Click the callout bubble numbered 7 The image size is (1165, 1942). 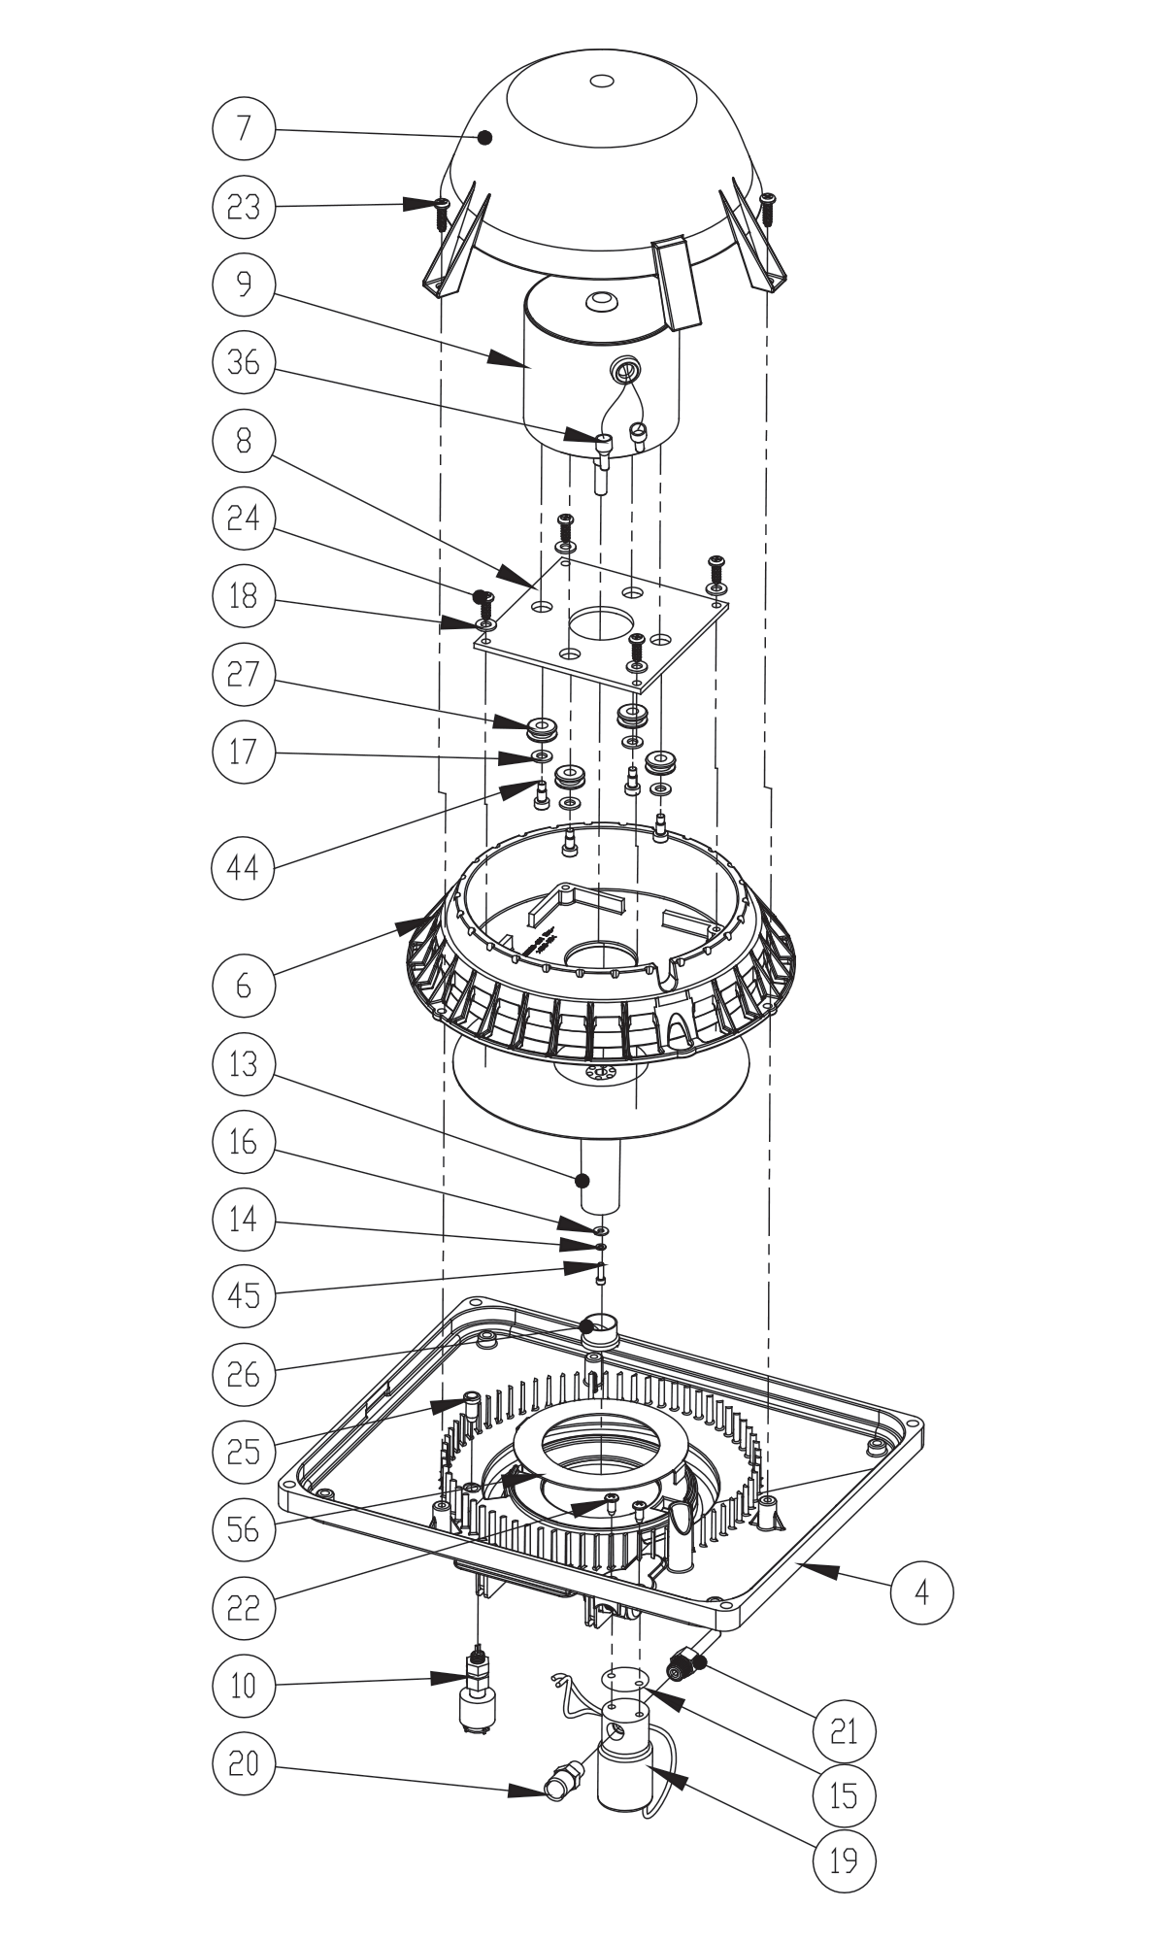[x=243, y=128]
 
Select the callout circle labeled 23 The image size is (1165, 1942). [x=243, y=206]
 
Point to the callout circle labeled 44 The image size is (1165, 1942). [x=243, y=867]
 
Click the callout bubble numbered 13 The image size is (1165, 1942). [x=243, y=1064]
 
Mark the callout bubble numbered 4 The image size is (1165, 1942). [x=922, y=1592]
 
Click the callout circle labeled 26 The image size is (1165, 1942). [x=243, y=1374]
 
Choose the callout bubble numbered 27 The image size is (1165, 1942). [x=243, y=673]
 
